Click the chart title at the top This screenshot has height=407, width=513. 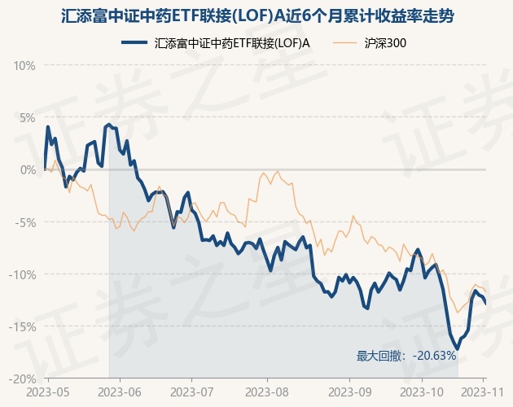pyautogui.click(x=256, y=15)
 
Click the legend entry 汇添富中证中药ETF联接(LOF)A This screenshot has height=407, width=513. pyautogui.click(x=232, y=44)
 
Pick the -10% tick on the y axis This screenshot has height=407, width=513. pyautogui.click(x=23, y=274)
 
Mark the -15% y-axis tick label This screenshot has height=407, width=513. pyautogui.click(x=23, y=326)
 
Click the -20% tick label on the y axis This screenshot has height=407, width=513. pyautogui.click(x=23, y=379)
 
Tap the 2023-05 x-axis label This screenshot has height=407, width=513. pyautogui.click(x=48, y=392)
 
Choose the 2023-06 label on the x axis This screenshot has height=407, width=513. pyautogui.click(x=119, y=392)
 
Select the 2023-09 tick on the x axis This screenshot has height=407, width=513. pyautogui.click(x=349, y=392)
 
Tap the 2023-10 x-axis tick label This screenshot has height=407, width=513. pyautogui.click(x=423, y=392)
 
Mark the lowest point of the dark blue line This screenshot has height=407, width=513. pyautogui.click(x=458, y=349)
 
